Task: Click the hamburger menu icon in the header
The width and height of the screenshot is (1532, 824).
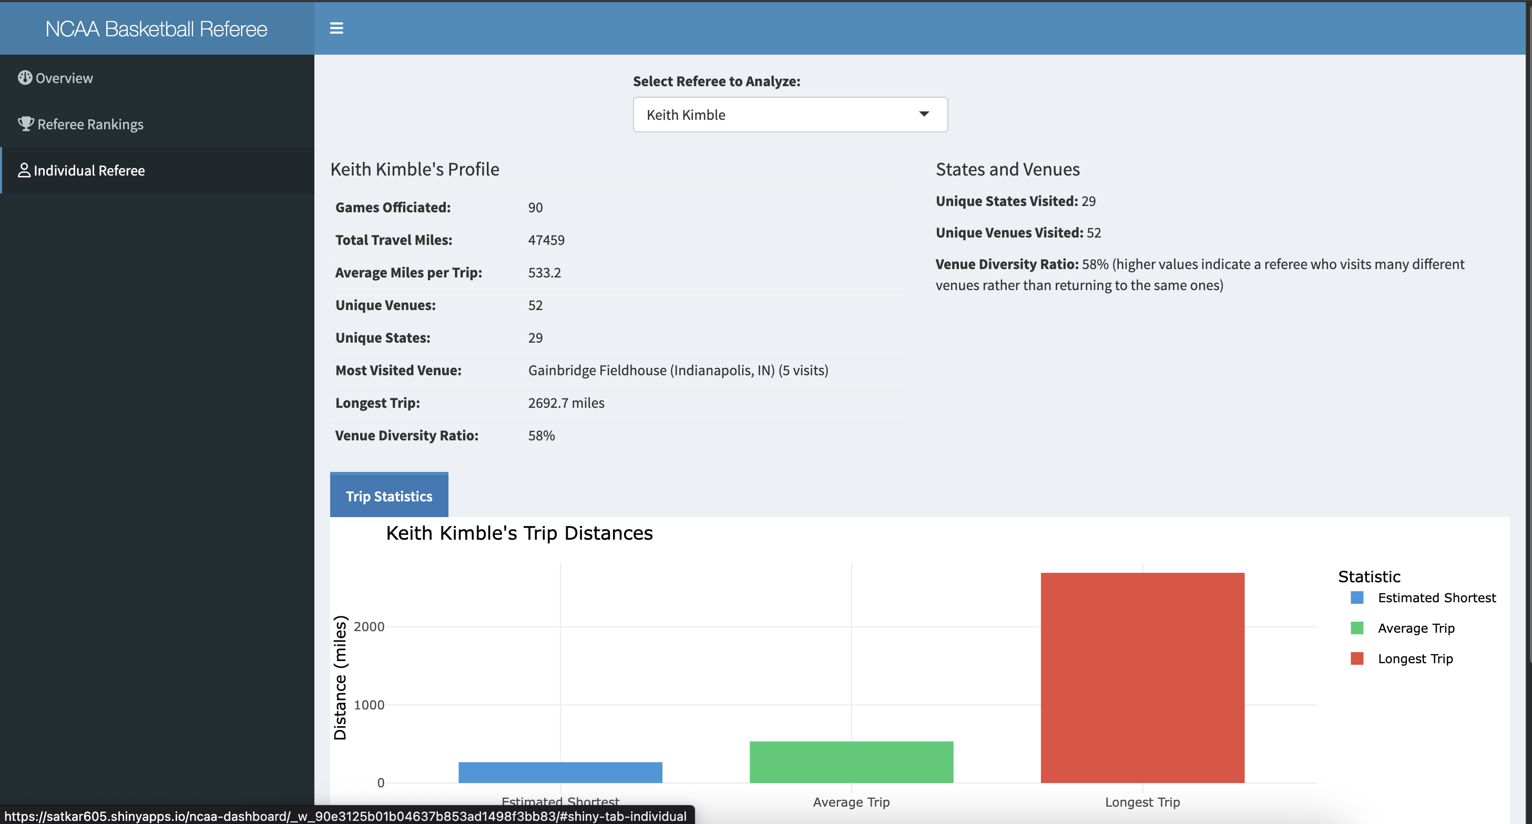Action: (x=336, y=28)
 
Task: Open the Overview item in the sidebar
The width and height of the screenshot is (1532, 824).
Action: (x=64, y=78)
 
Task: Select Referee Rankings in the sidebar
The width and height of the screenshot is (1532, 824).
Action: (x=90, y=124)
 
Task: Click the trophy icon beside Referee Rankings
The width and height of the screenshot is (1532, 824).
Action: (x=26, y=123)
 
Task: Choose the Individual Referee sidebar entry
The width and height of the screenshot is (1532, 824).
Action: (x=89, y=171)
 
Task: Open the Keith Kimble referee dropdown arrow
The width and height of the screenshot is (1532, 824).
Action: (x=924, y=114)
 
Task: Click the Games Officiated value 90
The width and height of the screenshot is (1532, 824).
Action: (x=535, y=208)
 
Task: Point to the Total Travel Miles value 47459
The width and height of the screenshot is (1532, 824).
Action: (x=546, y=240)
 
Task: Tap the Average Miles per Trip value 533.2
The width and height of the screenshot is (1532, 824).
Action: (x=544, y=273)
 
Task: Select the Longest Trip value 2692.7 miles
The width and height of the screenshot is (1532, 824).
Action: (x=566, y=403)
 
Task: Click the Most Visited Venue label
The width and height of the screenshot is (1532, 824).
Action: (x=398, y=370)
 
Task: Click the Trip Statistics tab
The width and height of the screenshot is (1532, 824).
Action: (x=389, y=496)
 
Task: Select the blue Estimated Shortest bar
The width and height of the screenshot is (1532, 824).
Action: (x=560, y=772)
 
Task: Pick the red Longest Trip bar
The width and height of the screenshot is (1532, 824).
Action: (x=1142, y=677)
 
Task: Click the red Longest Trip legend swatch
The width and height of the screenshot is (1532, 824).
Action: (x=1356, y=658)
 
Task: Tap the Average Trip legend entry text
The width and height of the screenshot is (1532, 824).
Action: (x=1415, y=628)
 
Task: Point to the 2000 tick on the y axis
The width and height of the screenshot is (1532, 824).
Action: (x=369, y=626)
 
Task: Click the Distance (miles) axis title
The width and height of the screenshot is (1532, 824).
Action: (x=340, y=677)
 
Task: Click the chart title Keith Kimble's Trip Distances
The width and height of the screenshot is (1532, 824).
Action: (x=519, y=533)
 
